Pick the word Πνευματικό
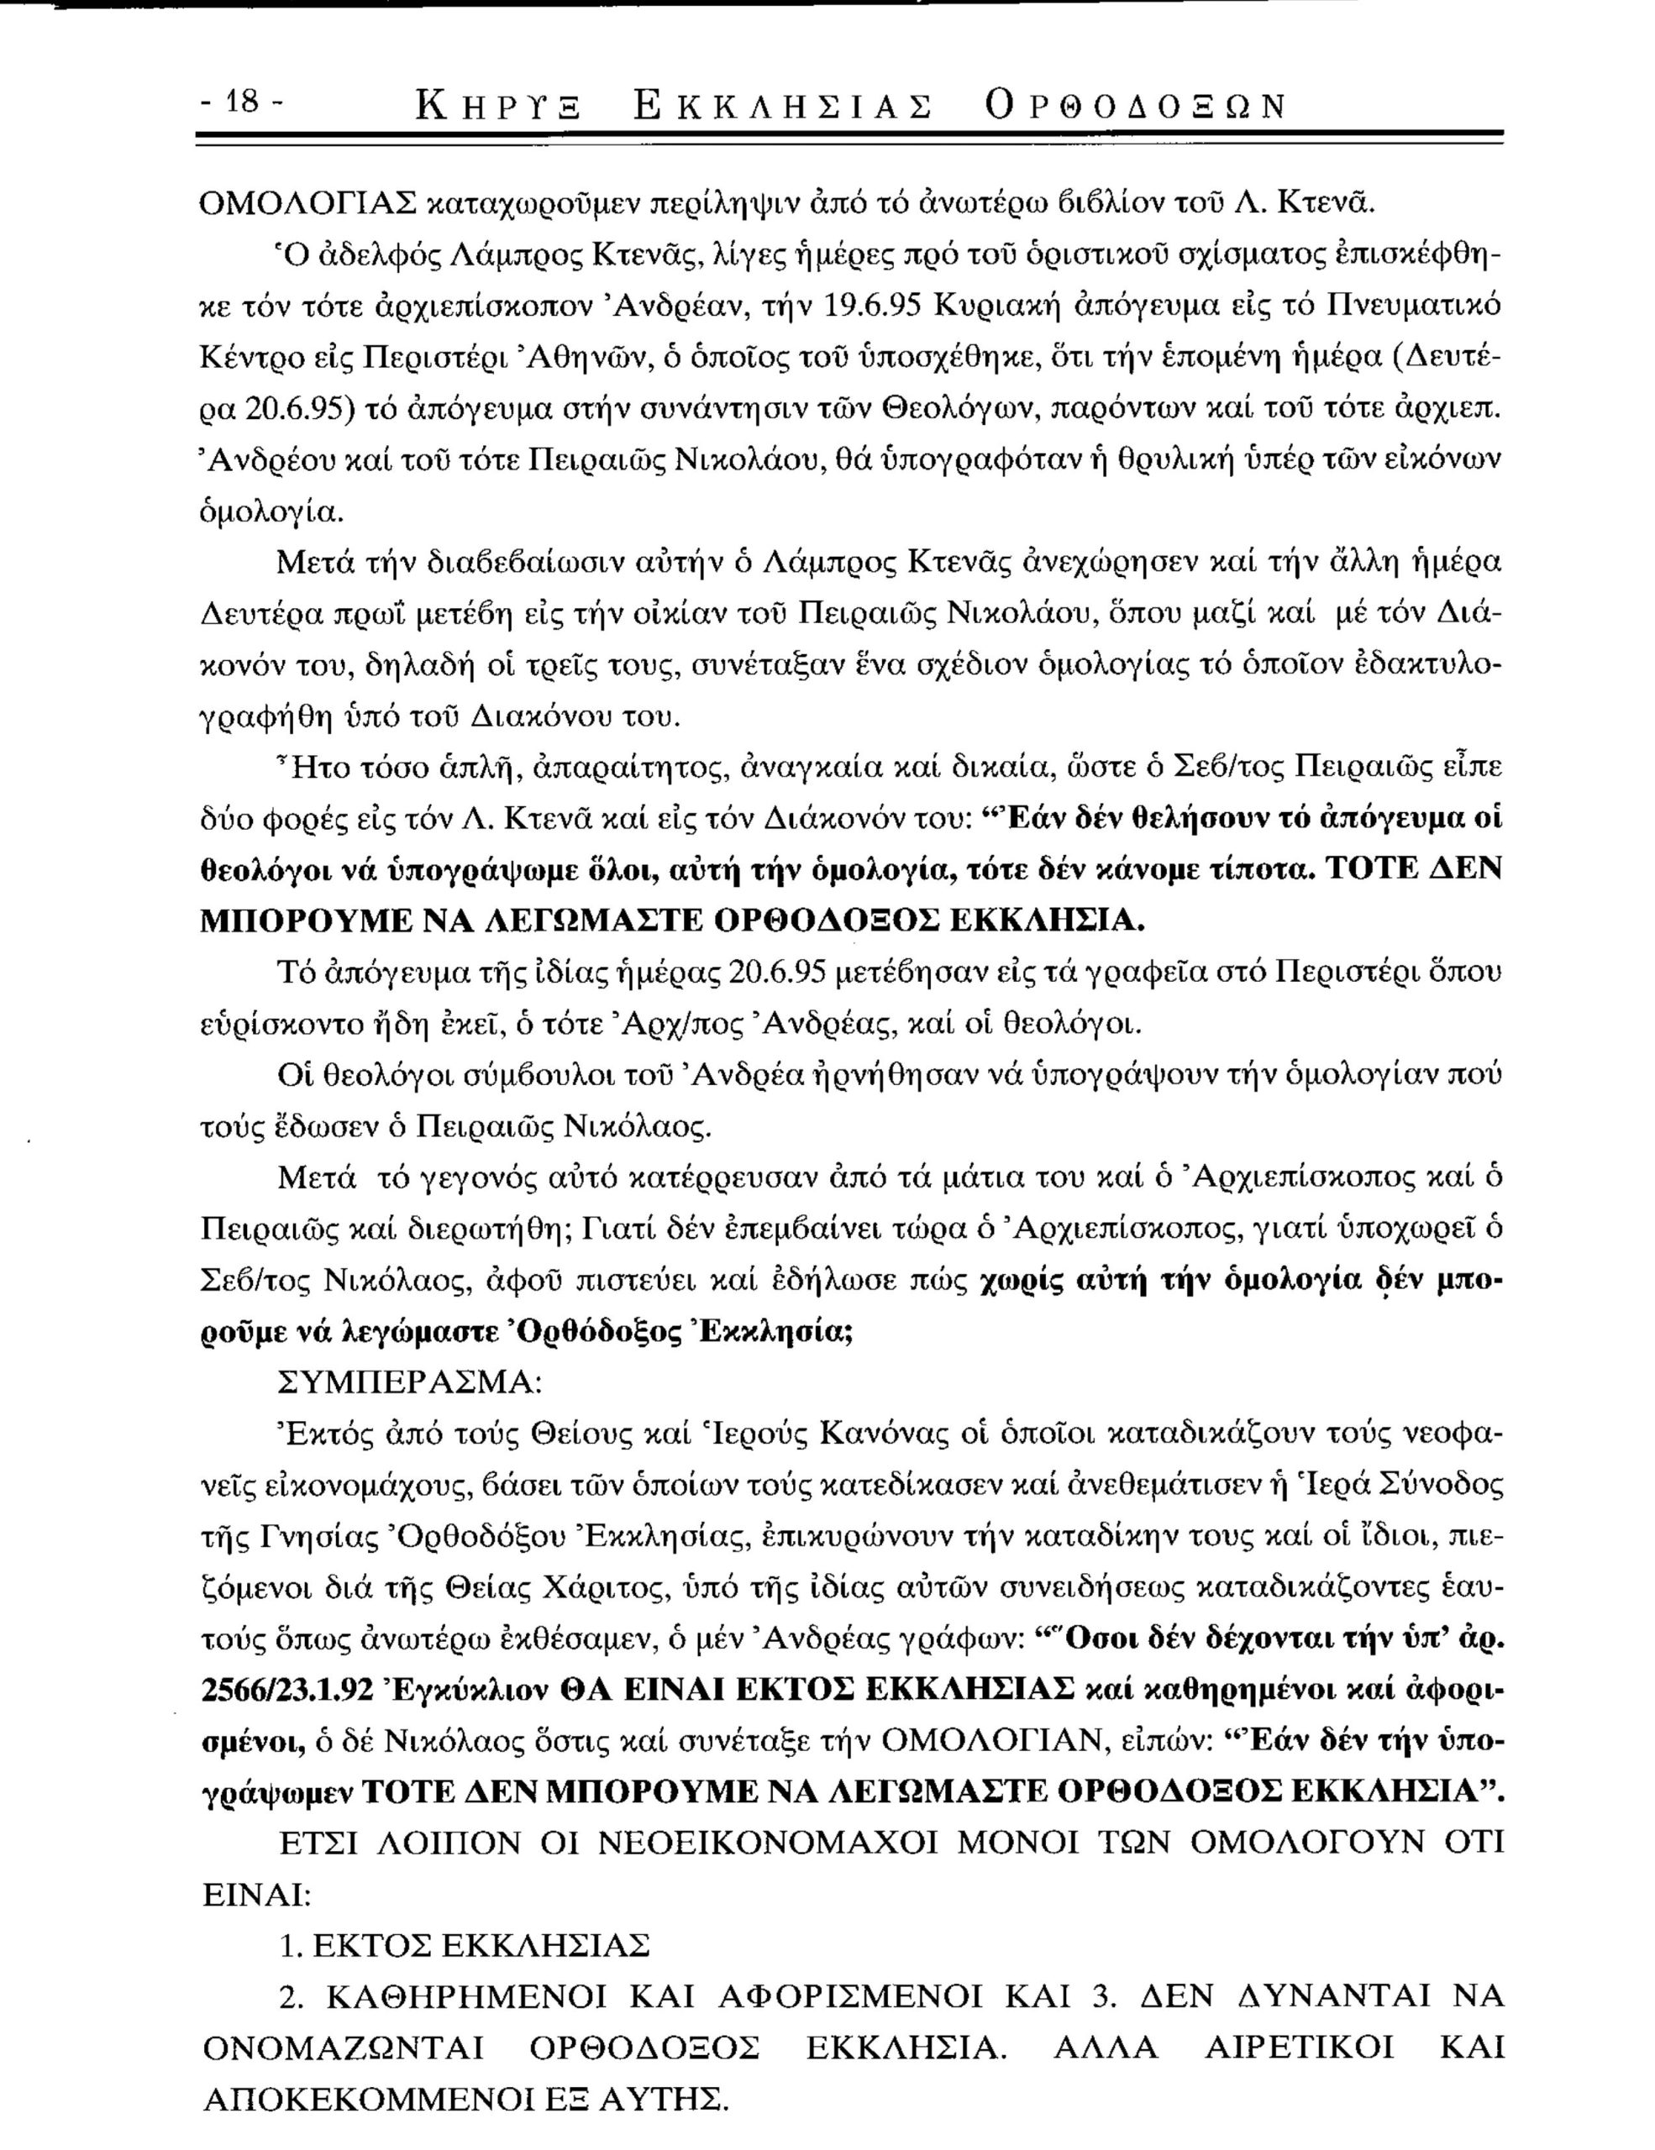click(1402, 305)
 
